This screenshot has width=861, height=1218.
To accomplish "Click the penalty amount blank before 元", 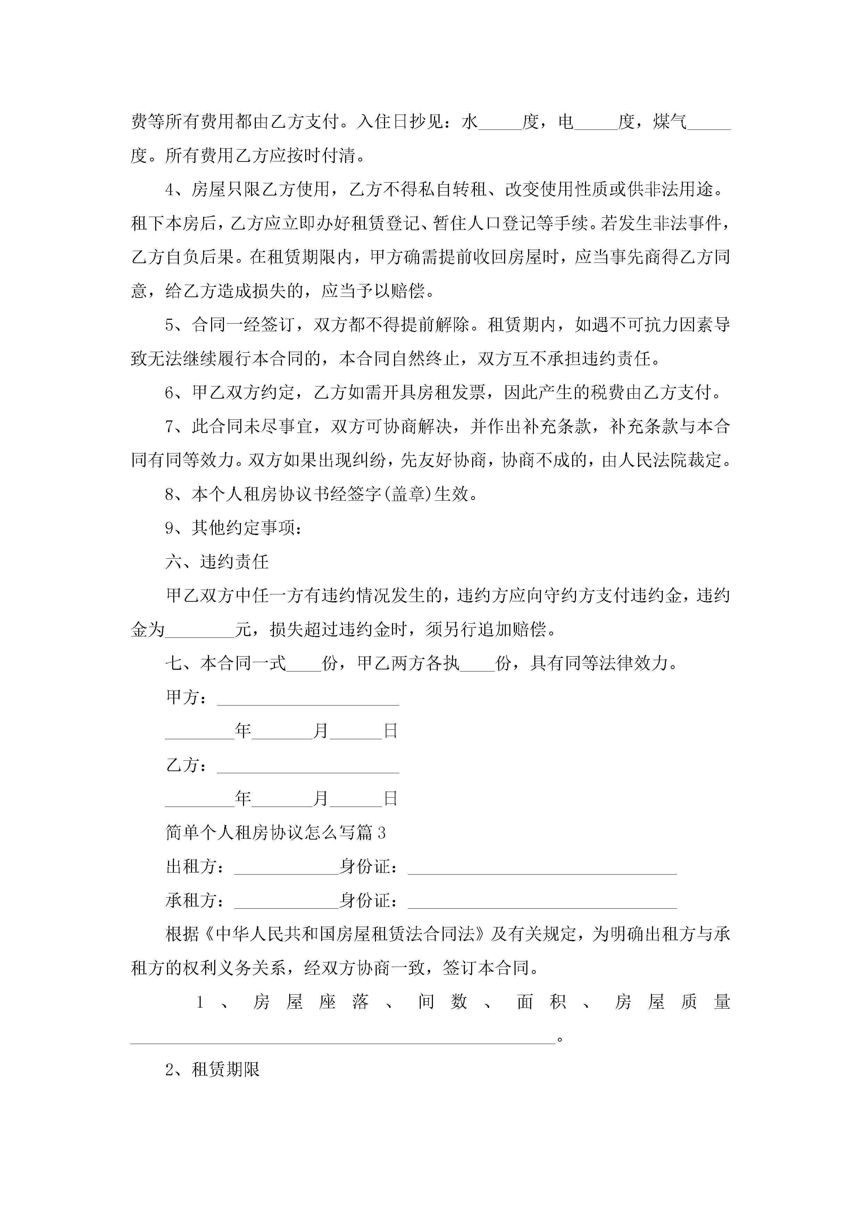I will point(200,631).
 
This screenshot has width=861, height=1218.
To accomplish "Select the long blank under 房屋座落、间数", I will point(342,1038).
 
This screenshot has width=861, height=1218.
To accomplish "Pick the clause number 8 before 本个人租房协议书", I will point(170,494).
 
